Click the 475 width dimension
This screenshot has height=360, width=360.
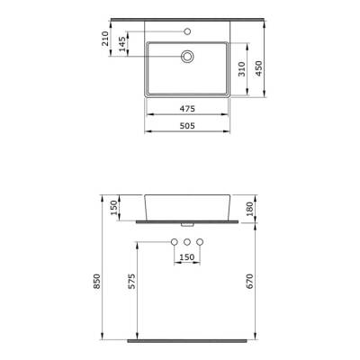pyautogui.click(x=186, y=109)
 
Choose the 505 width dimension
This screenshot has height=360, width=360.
pyautogui.click(x=186, y=127)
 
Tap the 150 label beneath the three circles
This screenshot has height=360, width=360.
pyautogui.click(x=186, y=258)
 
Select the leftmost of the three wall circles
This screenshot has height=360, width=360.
pyautogui.click(x=173, y=243)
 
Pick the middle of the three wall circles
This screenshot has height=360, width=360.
pyautogui.click(x=186, y=243)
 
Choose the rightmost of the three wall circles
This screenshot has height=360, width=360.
pyautogui.click(x=200, y=243)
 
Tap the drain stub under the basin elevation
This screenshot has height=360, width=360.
pyautogui.click(x=186, y=224)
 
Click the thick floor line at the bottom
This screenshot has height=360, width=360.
pyautogui.click(x=186, y=343)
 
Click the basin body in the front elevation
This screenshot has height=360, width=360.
pyautogui.click(x=186, y=207)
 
